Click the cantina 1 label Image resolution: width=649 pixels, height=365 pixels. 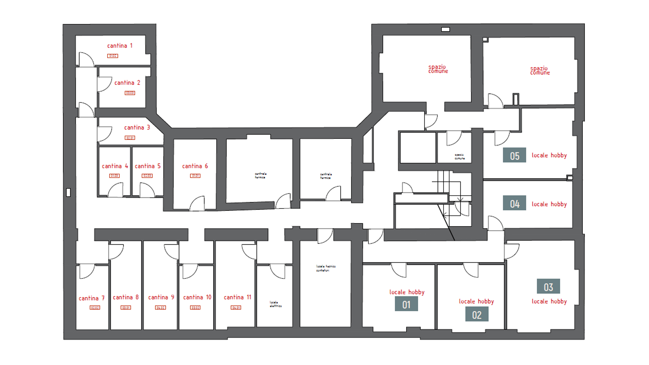tap(120, 46)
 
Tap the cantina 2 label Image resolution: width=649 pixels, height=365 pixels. tap(127, 83)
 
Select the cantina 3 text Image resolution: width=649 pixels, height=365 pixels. tap(137, 127)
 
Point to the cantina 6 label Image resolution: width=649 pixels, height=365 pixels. tap(195, 166)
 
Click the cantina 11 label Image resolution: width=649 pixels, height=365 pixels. tap(237, 297)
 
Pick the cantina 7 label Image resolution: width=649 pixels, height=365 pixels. tap(92, 298)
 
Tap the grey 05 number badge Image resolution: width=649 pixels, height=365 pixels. tap(514, 155)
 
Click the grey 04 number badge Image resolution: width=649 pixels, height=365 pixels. tap(514, 203)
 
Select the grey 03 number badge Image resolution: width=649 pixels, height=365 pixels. tap(548, 287)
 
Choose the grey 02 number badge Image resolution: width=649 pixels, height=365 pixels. tap(477, 314)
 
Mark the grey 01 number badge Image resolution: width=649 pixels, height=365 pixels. tap(406, 304)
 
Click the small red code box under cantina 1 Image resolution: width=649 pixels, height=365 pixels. tap(113, 56)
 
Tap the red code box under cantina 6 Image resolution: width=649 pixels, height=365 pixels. tap(195, 176)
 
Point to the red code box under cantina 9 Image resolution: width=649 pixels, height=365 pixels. tap(160, 308)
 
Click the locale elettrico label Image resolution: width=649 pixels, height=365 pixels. tap(275, 304)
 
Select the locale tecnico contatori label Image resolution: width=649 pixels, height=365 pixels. tap(326, 268)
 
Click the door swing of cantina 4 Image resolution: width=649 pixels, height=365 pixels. tap(116, 191)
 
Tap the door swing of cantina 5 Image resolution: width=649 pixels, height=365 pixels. tap(146, 190)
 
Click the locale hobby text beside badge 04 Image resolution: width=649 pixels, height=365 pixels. tap(549, 204)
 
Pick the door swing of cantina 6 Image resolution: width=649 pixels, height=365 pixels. tap(198, 203)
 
